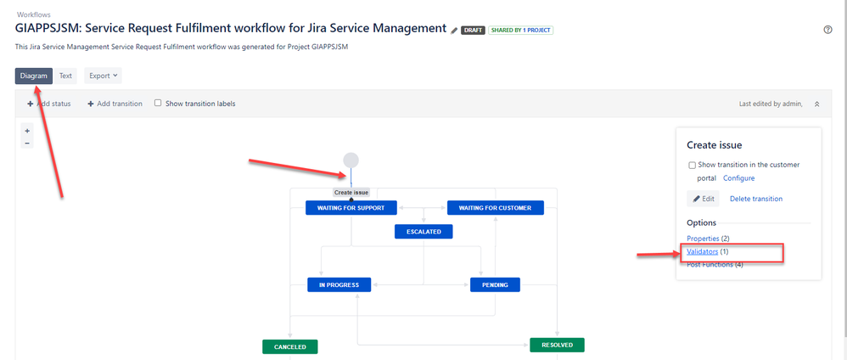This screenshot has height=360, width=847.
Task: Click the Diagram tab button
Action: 34,76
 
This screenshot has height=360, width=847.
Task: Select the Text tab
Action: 65,76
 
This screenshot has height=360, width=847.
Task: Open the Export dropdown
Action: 103,76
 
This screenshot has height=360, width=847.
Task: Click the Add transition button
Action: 115,104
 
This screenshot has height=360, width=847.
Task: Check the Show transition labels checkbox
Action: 158,104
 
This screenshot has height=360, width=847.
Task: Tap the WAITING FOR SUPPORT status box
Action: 351,208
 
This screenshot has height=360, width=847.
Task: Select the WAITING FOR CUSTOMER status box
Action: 495,208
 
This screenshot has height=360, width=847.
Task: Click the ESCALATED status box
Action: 423,231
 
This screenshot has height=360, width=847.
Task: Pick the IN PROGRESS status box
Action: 339,284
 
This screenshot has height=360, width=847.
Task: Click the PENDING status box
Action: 495,284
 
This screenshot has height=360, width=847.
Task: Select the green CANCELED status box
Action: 289,346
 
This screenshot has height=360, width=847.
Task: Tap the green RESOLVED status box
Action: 557,345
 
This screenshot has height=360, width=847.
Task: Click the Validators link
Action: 702,251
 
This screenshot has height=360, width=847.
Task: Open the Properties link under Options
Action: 703,239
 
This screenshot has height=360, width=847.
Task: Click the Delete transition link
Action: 755,199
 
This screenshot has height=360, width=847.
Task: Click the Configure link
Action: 738,178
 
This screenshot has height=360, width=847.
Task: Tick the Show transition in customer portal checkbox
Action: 692,166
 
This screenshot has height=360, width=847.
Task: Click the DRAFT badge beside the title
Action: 472,31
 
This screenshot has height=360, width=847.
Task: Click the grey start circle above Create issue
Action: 351,160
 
